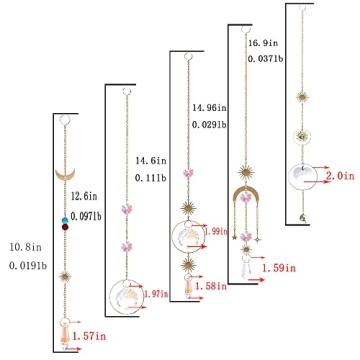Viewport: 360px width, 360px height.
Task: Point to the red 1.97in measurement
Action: (x=153, y=292)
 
